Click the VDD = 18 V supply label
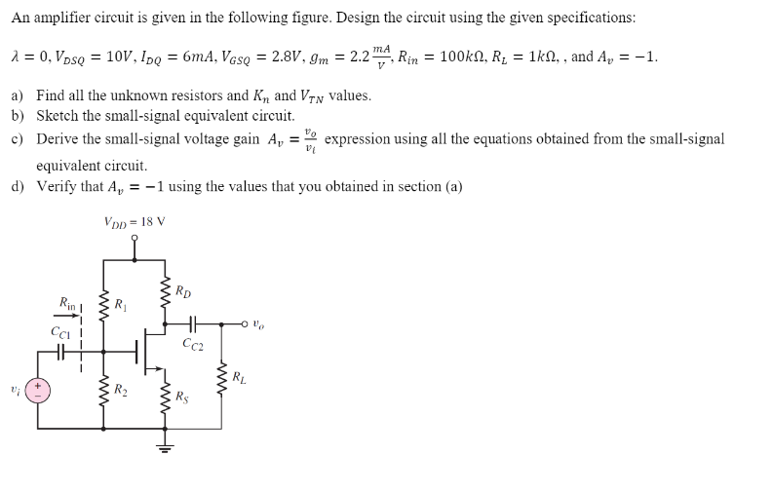click(x=134, y=222)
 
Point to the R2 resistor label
click(x=121, y=391)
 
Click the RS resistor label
click(x=182, y=397)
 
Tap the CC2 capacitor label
click(x=192, y=343)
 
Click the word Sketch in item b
click(x=57, y=115)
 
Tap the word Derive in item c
click(x=57, y=139)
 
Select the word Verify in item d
click(x=57, y=187)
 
